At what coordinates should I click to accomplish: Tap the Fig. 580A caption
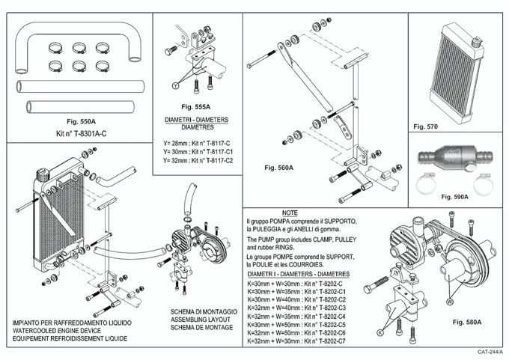[x=467, y=321]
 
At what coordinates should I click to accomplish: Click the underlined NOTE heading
[x=290, y=213]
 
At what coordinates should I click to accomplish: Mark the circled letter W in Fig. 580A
[x=450, y=302]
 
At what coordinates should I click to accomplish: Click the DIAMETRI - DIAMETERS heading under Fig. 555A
[x=197, y=120]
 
